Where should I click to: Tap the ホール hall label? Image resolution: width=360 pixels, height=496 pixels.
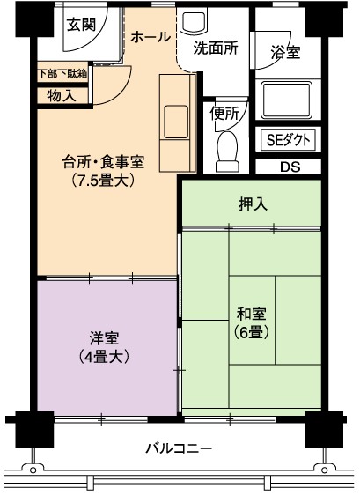[x=151, y=37]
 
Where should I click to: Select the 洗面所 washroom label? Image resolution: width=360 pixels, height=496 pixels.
[x=216, y=48]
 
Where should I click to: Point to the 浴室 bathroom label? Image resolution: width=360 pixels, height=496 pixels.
[x=285, y=52]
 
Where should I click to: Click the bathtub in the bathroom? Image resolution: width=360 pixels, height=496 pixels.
[x=286, y=100]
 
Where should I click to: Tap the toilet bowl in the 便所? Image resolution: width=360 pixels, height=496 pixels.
[x=227, y=152]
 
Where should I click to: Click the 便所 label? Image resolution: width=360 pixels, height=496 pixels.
[x=224, y=114]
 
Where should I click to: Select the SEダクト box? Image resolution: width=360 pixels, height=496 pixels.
[x=288, y=139]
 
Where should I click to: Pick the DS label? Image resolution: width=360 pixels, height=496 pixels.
[x=290, y=167]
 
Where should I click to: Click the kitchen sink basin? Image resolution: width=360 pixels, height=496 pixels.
[x=176, y=122]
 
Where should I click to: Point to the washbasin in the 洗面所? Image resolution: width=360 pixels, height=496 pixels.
[x=193, y=20]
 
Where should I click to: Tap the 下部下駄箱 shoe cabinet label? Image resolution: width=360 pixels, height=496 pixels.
[x=62, y=74]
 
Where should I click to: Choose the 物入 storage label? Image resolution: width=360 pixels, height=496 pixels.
[x=62, y=95]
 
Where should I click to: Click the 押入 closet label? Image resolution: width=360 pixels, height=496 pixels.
[x=253, y=204]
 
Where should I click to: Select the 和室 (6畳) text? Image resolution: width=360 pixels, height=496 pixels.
[x=252, y=323]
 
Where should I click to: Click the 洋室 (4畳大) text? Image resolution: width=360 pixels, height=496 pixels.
[x=104, y=347]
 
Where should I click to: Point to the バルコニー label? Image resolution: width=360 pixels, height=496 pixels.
[x=179, y=448]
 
